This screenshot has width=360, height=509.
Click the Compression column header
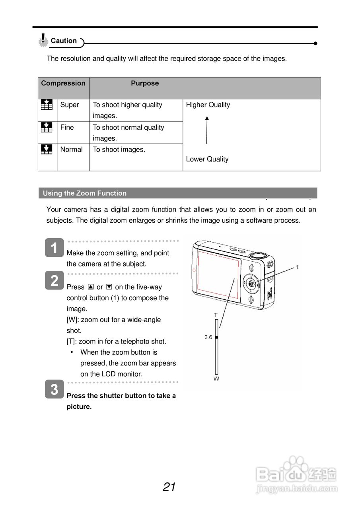[63, 83]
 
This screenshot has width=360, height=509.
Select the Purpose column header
[145, 83]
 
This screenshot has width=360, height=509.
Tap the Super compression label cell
[70, 105]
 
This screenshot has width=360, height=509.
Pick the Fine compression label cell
[67, 128]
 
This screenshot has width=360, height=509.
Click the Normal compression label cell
[71, 150]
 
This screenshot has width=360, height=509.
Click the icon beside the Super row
[47, 105]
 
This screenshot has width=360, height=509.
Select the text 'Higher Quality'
[208, 105]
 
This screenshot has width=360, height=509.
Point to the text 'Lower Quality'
[207, 159]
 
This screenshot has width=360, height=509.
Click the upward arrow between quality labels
[207, 130]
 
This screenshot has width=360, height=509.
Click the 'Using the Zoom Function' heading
[85, 193]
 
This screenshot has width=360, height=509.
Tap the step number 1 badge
[54, 248]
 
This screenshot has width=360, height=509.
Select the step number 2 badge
[54, 281]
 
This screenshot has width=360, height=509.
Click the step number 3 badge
[54, 389]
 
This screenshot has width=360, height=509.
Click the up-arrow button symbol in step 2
[91, 287]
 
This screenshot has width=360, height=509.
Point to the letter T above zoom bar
[216, 315]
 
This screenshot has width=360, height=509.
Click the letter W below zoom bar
[216, 379]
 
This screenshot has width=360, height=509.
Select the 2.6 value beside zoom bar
[208, 337]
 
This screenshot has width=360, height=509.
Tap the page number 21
[169, 487]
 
